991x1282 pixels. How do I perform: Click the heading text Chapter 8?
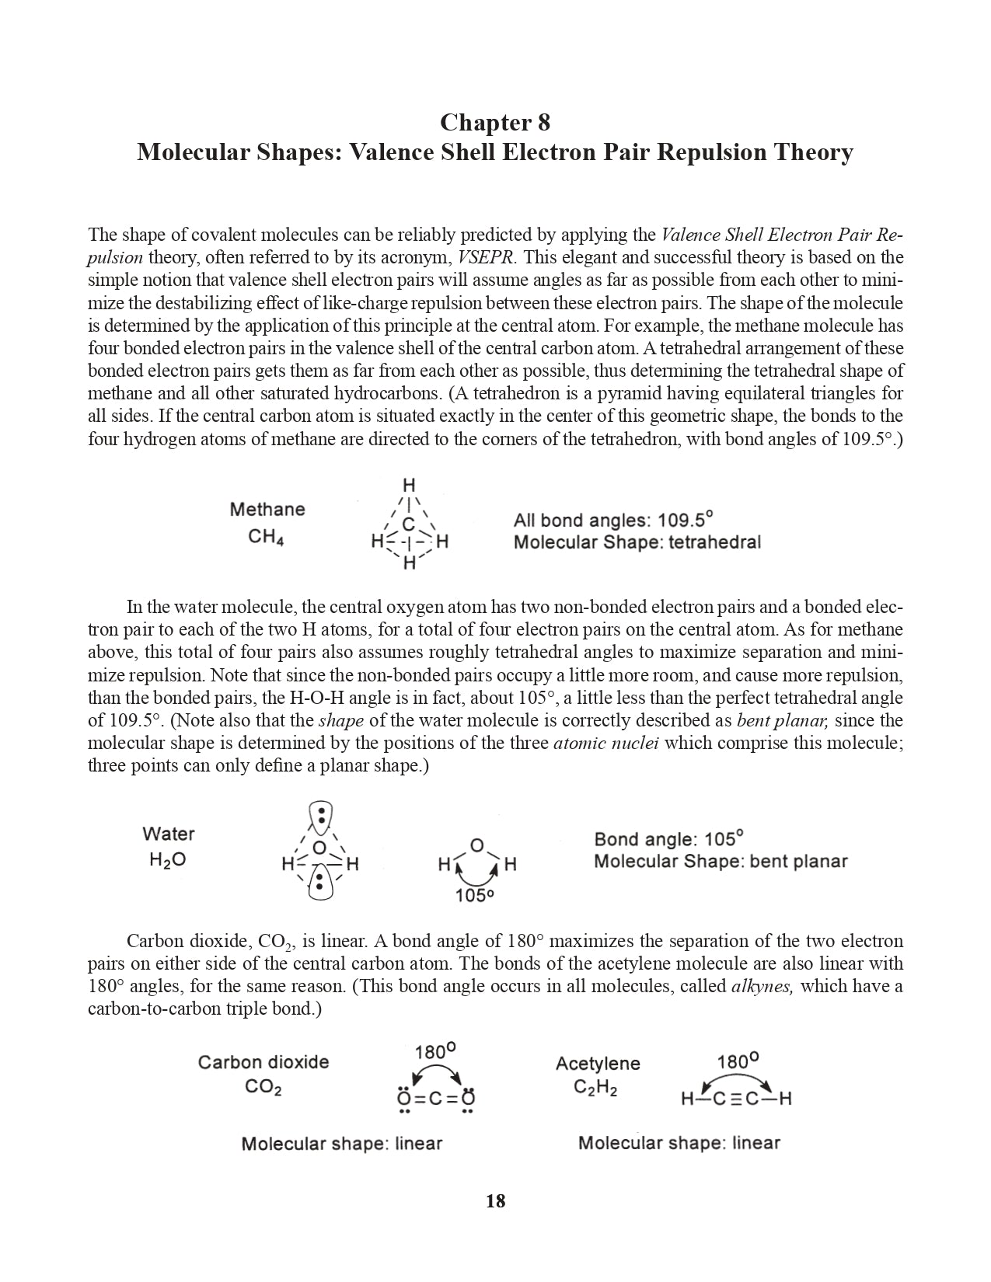click(x=495, y=123)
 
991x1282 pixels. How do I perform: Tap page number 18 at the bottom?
click(x=495, y=1201)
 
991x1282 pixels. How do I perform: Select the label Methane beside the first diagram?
click(x=267, y=510)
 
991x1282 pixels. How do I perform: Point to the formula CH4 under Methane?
click(x=265, y=537)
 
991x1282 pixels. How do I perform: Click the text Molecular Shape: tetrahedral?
click(x=637, y=542)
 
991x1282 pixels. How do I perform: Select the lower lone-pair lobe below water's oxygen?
click(x=319, y=883)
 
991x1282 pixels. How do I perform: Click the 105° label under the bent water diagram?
click(x=475, y=896)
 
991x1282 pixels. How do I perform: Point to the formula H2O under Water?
click(x=167, y=861)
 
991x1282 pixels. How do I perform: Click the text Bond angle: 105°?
click(x=668, y=839)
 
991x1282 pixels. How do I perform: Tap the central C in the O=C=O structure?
click(x=435, y=1099)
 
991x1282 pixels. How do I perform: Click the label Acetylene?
click(x=598, y=1064)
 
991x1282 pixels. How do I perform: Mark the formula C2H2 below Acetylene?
click(x=595, y=1087)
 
